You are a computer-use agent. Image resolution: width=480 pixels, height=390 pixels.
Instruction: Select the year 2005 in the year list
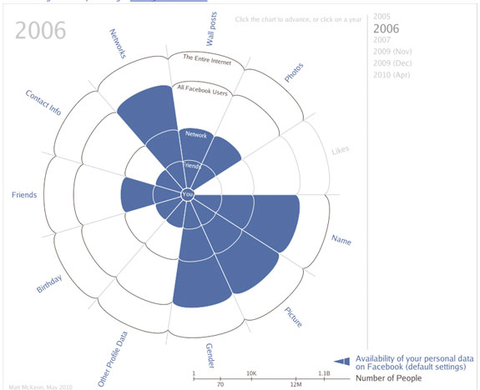(381, 16)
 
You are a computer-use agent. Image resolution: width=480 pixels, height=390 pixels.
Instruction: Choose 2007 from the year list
(381, 40)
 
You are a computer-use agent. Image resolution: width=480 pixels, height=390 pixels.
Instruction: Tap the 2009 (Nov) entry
(392, 52)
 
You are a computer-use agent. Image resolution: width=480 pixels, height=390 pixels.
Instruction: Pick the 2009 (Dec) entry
(392, 63)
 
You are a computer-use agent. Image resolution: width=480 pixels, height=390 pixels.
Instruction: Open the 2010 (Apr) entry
(392, 75)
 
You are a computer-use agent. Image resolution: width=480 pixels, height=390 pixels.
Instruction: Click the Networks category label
(123, 46)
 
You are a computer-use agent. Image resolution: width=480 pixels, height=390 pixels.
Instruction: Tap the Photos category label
(294, 73)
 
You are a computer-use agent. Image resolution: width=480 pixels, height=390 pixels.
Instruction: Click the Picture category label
(293, 317)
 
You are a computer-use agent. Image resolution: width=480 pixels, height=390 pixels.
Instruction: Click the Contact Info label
(43, 102)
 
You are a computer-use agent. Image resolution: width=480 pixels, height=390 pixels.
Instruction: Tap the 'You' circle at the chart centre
(187, 195)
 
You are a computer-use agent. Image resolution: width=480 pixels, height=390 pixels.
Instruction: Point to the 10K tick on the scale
(250, 373)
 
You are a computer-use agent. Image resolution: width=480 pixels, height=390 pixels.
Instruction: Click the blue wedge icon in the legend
(341, 361)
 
